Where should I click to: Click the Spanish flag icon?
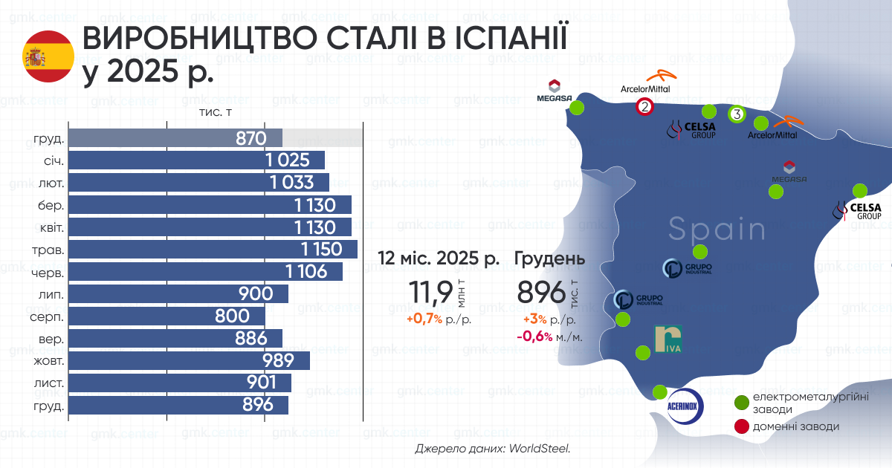click(x=48, y=57)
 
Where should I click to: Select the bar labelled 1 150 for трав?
click(x=213, y=249)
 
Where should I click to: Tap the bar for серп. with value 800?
click(x=167, y=316)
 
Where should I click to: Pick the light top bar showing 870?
click(x=175, y=137)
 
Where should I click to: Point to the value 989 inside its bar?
click(x=279, y=361)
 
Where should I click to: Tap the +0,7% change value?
click(x=424, y=319)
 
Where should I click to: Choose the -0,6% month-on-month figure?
click(x=534, y=337)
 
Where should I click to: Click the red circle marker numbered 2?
click(x=644, y=107)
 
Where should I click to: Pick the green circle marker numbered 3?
click(x=736, y=114)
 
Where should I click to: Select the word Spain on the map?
click(x=717, y=230)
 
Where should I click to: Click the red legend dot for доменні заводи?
click(x=741, y=426)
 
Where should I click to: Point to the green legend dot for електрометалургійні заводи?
click(x=741, y=403)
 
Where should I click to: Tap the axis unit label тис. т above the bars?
click(x=216, y=112)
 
